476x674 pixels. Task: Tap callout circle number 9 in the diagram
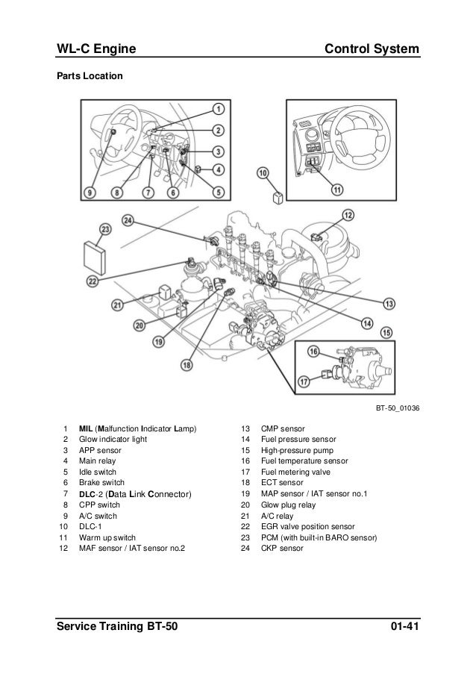pyautogui.click(x=90, y=193)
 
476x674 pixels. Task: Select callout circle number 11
pyautogui.click(x=337, y=190)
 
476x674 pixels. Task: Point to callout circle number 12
pyautogui.click(x=348, y=216)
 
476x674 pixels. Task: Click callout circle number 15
pyautogui.click(x=386, y=332)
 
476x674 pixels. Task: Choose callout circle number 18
pyautogui.click(x=187, y=366)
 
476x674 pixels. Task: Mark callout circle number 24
pyautogui.click(x=128, y=220)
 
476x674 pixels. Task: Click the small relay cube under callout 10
pyautogui.click(x=276, y=198)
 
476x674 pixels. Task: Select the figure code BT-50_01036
pyautogui.click(x=398, y=408)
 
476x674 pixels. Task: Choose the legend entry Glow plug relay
pyautogui.click(x=286, y=504)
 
